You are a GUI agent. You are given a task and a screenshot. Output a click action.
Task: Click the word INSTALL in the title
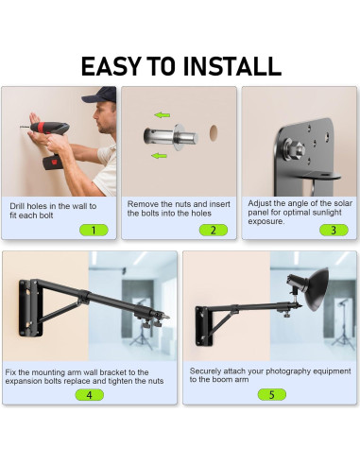coord(232,66)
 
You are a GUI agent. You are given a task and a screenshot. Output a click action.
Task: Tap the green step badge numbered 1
coord(94,231)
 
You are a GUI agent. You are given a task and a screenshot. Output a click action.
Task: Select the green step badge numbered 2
coord(214,230)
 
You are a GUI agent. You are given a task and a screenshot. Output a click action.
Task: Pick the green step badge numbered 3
coord(334,230)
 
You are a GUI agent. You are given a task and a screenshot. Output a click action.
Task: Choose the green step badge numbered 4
coord(90,395)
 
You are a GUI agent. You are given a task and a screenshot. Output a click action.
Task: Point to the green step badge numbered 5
coord(272,394)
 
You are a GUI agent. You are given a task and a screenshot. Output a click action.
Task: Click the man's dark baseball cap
coord(99,95)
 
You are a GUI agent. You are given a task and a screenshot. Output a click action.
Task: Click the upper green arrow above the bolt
coord(163,115)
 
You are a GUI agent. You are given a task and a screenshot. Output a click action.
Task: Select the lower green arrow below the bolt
coord(159,156)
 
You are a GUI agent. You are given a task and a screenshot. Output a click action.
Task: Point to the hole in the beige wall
coord(214,132)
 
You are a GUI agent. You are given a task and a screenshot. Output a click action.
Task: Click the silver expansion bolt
coord(170,137)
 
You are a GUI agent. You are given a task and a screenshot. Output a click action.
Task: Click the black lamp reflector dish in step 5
coord(317,289)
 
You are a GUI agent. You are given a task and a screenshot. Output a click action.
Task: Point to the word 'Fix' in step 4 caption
coord(10,372)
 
